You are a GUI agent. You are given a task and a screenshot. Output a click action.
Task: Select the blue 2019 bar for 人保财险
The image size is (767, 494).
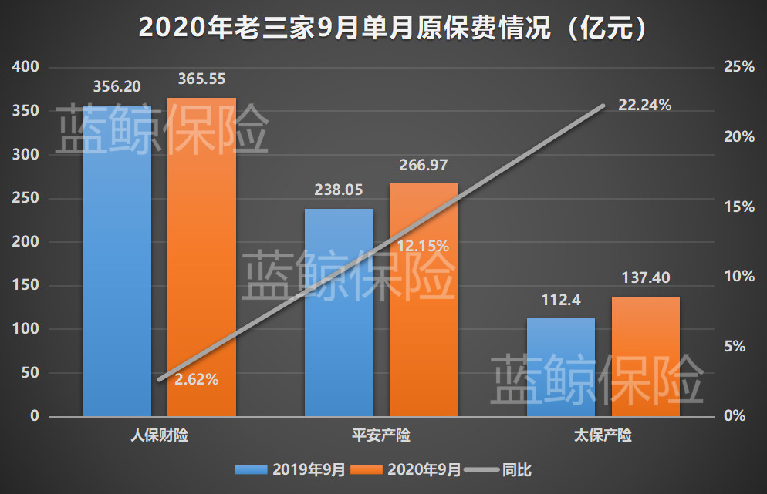click(x=117, y=262)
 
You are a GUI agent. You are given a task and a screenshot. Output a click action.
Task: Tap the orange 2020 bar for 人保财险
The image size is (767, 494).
click(x=201, y=258)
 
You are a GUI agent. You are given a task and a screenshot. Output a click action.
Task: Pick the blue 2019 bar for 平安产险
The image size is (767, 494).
click(x=339, y=312)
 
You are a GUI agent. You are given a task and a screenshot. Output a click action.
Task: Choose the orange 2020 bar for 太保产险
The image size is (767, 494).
click(x=646, y=356)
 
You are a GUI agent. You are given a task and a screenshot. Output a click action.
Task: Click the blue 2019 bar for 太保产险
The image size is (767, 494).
click(x=561, y=367)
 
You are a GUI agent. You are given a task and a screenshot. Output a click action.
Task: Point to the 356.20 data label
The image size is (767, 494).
click(x=117, y=86)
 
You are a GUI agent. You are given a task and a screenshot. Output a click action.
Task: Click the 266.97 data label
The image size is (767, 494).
click(x=423, y=165)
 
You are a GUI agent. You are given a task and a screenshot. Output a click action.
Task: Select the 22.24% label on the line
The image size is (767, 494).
click(x=644, y=105)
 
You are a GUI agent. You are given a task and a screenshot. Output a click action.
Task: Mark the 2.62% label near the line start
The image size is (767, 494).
click(x=196, y=379)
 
